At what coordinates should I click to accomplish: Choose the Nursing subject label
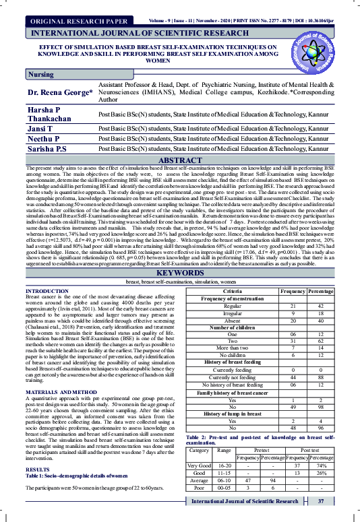coord(41,74)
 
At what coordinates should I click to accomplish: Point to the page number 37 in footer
coord(322,501)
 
